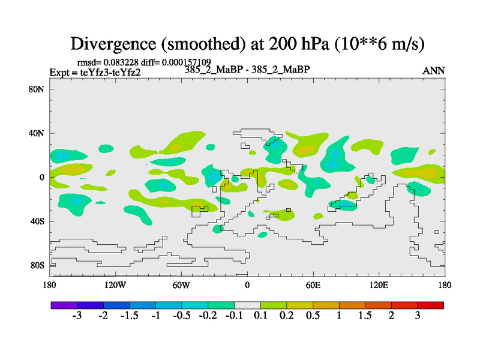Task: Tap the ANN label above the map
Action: coord(434,71)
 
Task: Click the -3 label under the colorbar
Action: coord(77,316)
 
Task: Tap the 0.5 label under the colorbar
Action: coord(313,316)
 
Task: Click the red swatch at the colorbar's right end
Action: coord(431,305)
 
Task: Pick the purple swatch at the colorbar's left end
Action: coord(64,305)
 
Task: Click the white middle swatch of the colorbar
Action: coord(247,305)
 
